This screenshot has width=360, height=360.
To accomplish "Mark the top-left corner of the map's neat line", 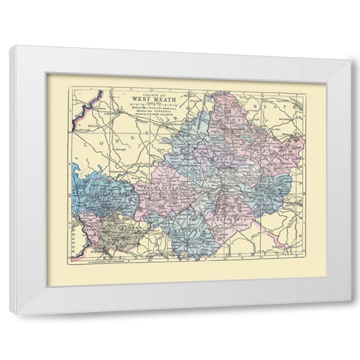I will pos(70,88).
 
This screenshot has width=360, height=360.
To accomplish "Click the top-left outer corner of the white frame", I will pos(10,46).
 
